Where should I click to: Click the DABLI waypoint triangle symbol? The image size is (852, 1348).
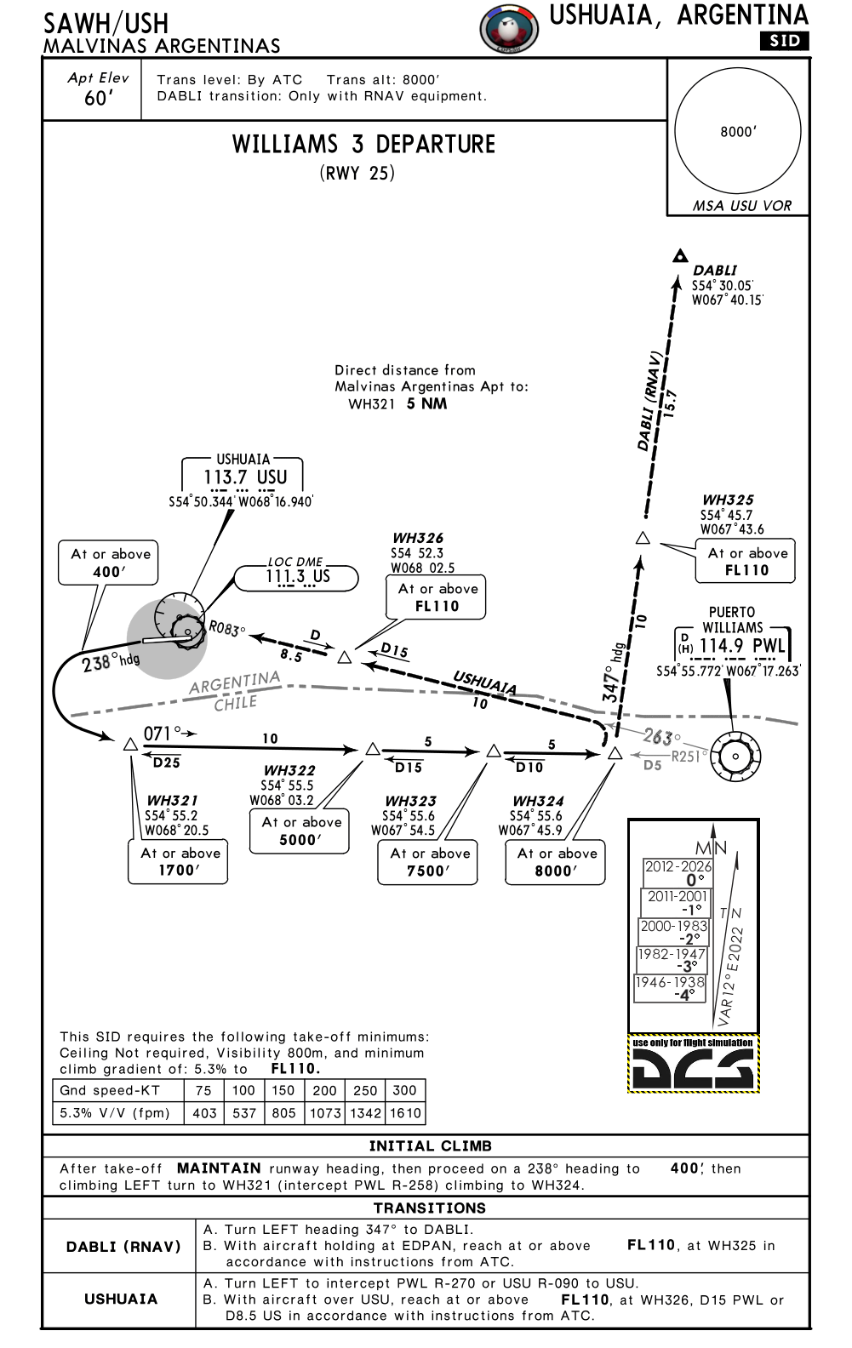679,255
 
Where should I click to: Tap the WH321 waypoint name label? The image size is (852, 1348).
172,800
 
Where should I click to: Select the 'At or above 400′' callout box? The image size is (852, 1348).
109,563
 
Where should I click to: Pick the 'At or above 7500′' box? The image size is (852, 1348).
428,862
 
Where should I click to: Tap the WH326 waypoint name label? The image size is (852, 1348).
418,538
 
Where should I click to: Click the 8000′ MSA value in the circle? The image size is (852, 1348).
737,132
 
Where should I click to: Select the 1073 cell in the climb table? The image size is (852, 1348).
325,1112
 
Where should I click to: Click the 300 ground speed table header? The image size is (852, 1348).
405,1090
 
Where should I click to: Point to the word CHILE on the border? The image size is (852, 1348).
236,704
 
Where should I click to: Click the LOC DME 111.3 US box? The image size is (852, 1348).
296,576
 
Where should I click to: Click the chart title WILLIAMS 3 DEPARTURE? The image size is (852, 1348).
363,144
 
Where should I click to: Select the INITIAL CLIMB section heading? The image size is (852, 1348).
430,1145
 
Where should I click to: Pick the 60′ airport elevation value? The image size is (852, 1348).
98,99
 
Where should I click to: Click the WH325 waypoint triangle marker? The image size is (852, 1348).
643,538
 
